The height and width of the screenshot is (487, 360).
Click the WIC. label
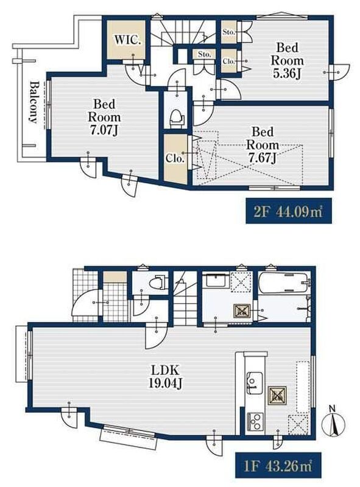128,40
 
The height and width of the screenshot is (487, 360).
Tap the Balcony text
34,102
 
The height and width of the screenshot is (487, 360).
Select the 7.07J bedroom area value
104,131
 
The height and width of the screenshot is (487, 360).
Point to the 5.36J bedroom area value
286,74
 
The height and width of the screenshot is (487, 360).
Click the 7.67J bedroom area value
262,158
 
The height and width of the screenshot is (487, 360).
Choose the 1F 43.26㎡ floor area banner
278,466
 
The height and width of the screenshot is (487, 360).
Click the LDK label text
165,370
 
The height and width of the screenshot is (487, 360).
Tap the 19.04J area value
165,384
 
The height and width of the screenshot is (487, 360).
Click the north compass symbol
333,424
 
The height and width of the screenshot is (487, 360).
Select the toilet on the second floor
176,118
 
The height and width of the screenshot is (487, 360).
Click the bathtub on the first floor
283,282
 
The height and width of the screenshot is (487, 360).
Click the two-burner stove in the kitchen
255,422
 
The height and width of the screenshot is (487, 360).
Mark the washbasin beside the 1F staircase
216,282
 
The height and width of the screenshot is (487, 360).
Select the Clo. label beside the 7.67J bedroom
175,159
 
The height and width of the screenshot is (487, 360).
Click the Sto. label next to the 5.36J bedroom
228,32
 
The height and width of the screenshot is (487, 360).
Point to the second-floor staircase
183,32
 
